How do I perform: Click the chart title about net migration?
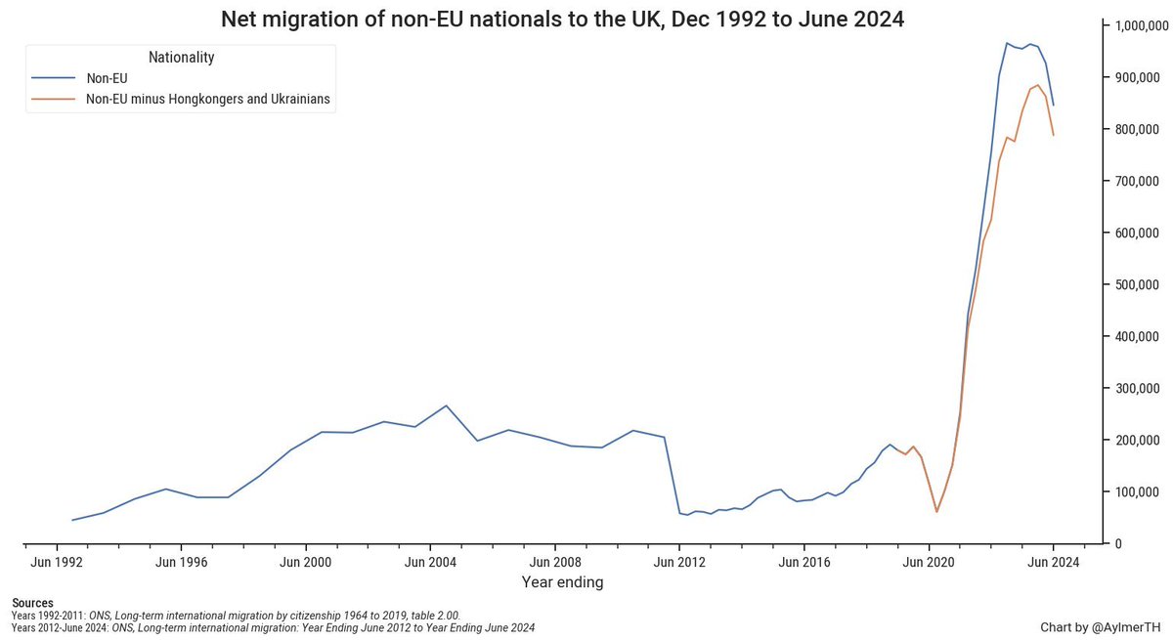pyautogui.click(x=561, y=19)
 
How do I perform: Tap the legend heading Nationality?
pyautogui.click(x=181, y=58)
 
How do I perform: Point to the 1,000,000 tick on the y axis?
pyautogui.click(x=1138, y=26)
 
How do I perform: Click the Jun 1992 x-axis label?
pyautogui.click(x=57, y=563)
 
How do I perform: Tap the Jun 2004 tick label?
pyautogui.click(x=430, y=563)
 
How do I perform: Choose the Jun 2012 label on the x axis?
pyautogui.click(x=679, y=563)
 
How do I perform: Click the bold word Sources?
pyautogui.click(x=32, y=603)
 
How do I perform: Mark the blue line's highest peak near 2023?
pyautogui.click(x=1006, y=43)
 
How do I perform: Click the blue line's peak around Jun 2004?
pyautogui.click(x=446, y=405)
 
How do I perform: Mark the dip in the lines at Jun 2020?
pyautogui.click(x=936, y=511)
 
